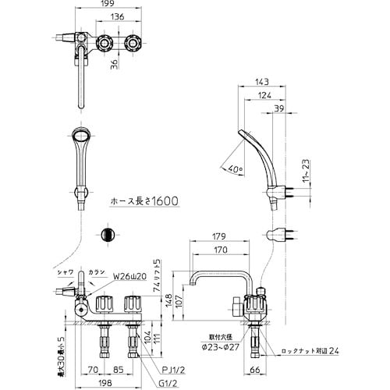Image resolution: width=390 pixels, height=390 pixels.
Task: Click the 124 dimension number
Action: pyautogui.click(x=264, y=96)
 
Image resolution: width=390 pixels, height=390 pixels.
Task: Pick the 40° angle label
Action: pyautogui.click(x=236, y=167)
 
